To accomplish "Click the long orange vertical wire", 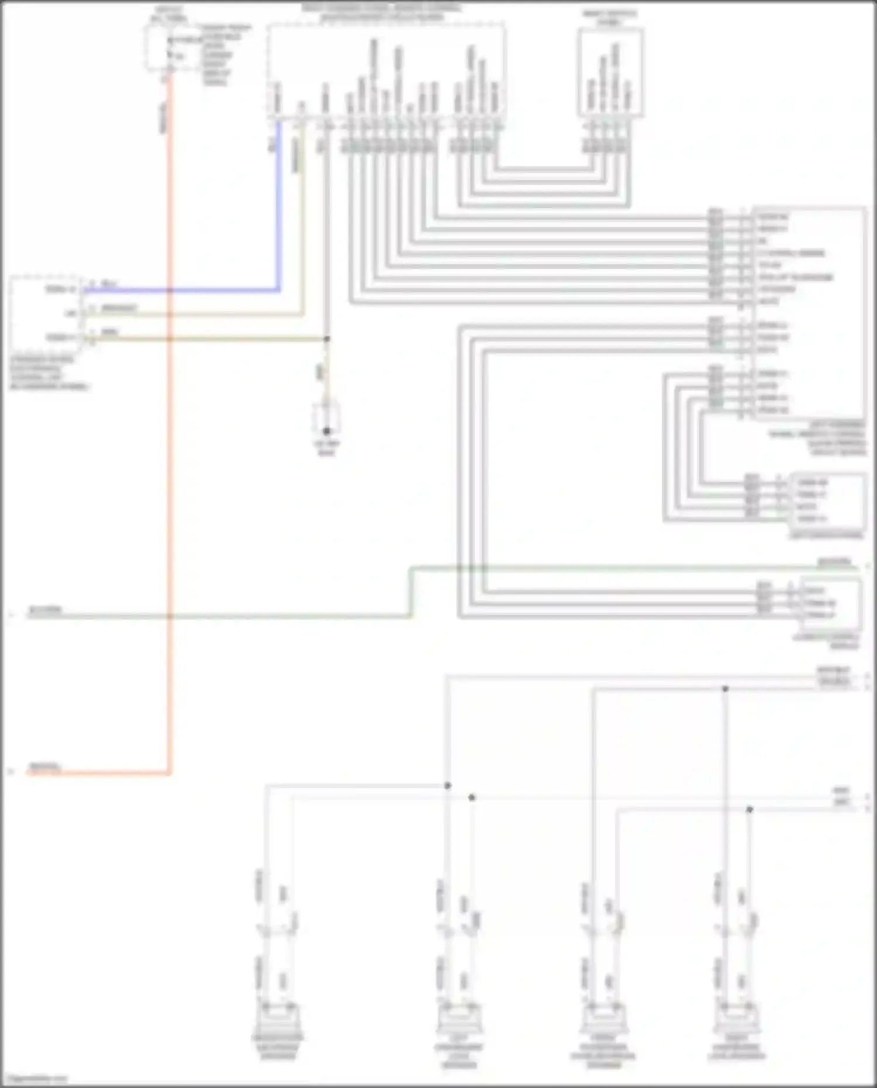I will pyautogui.click(x=170, y=468).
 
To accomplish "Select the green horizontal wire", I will pyautogui.click(x=234, y=616).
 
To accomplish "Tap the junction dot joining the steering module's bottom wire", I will pyautogui.click(x=327, y=339).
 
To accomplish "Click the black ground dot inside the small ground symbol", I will pyautogui.click(x=327, y=431).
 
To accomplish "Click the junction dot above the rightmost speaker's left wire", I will pyautogui.click(x=725, y=689).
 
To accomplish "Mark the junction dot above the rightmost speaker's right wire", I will pyautogui.click(x=750, y=809).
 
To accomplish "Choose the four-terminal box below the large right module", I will pyautogui.click(x=827, y=500).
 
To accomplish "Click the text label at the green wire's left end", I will pyautogui.click(x=46, y=610).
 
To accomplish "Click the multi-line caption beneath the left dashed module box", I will pyautogui.click(x=49, y=373).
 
